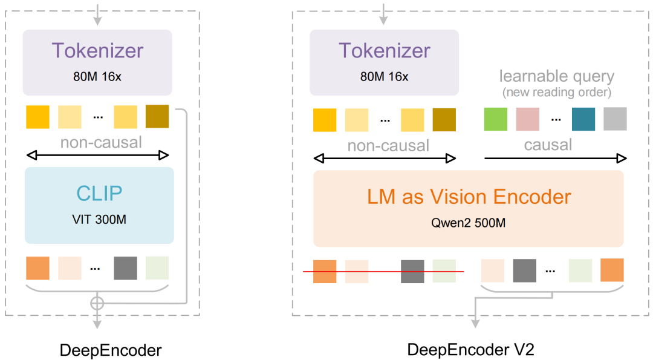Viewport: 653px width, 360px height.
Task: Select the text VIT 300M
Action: pyautogui.click(x=99, y=219)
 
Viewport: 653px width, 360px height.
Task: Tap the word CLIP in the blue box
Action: pyautogui.click(x=99, y=193)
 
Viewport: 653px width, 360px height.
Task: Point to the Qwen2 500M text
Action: pyautogui.click(x=468, y=223)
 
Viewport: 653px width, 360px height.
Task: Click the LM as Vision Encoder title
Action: pyautogui.click(x=468, y=197)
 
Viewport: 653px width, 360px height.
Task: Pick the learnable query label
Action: pyautogui.click(x=556, y=77)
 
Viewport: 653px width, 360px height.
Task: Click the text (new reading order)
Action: pyautogui.click(x=556, y=92)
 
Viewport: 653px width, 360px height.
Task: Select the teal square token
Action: pyautogui.click(x=583, y=119)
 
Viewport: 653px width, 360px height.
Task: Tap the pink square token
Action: pyautogui.click(x=527, y=119)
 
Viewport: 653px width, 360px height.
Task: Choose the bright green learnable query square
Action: pyautogui.click(x=496, y=119)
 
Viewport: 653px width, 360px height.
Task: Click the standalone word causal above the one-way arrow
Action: pyautogui.click(x=548, y=145)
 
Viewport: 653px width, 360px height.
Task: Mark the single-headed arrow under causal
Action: pyautogui.click(x=555, y=159)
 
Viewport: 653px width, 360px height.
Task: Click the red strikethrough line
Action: pyautogui.click(x=383, y=272)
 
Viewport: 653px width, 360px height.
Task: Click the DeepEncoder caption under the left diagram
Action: pyautogui.click(x=111, y=350)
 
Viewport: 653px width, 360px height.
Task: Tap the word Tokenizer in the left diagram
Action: pyautogui.click(x=97, y=50)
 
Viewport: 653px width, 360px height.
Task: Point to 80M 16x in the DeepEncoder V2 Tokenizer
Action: pyautogui.click(x=384, y=77)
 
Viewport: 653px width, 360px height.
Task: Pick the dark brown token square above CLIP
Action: pyautogui.click(x=157, y=117)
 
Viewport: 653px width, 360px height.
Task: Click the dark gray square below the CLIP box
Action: pyautogui.click(x=126, y=268)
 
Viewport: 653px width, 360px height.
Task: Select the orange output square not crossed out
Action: pyautogui.click(x=612, y=270)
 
